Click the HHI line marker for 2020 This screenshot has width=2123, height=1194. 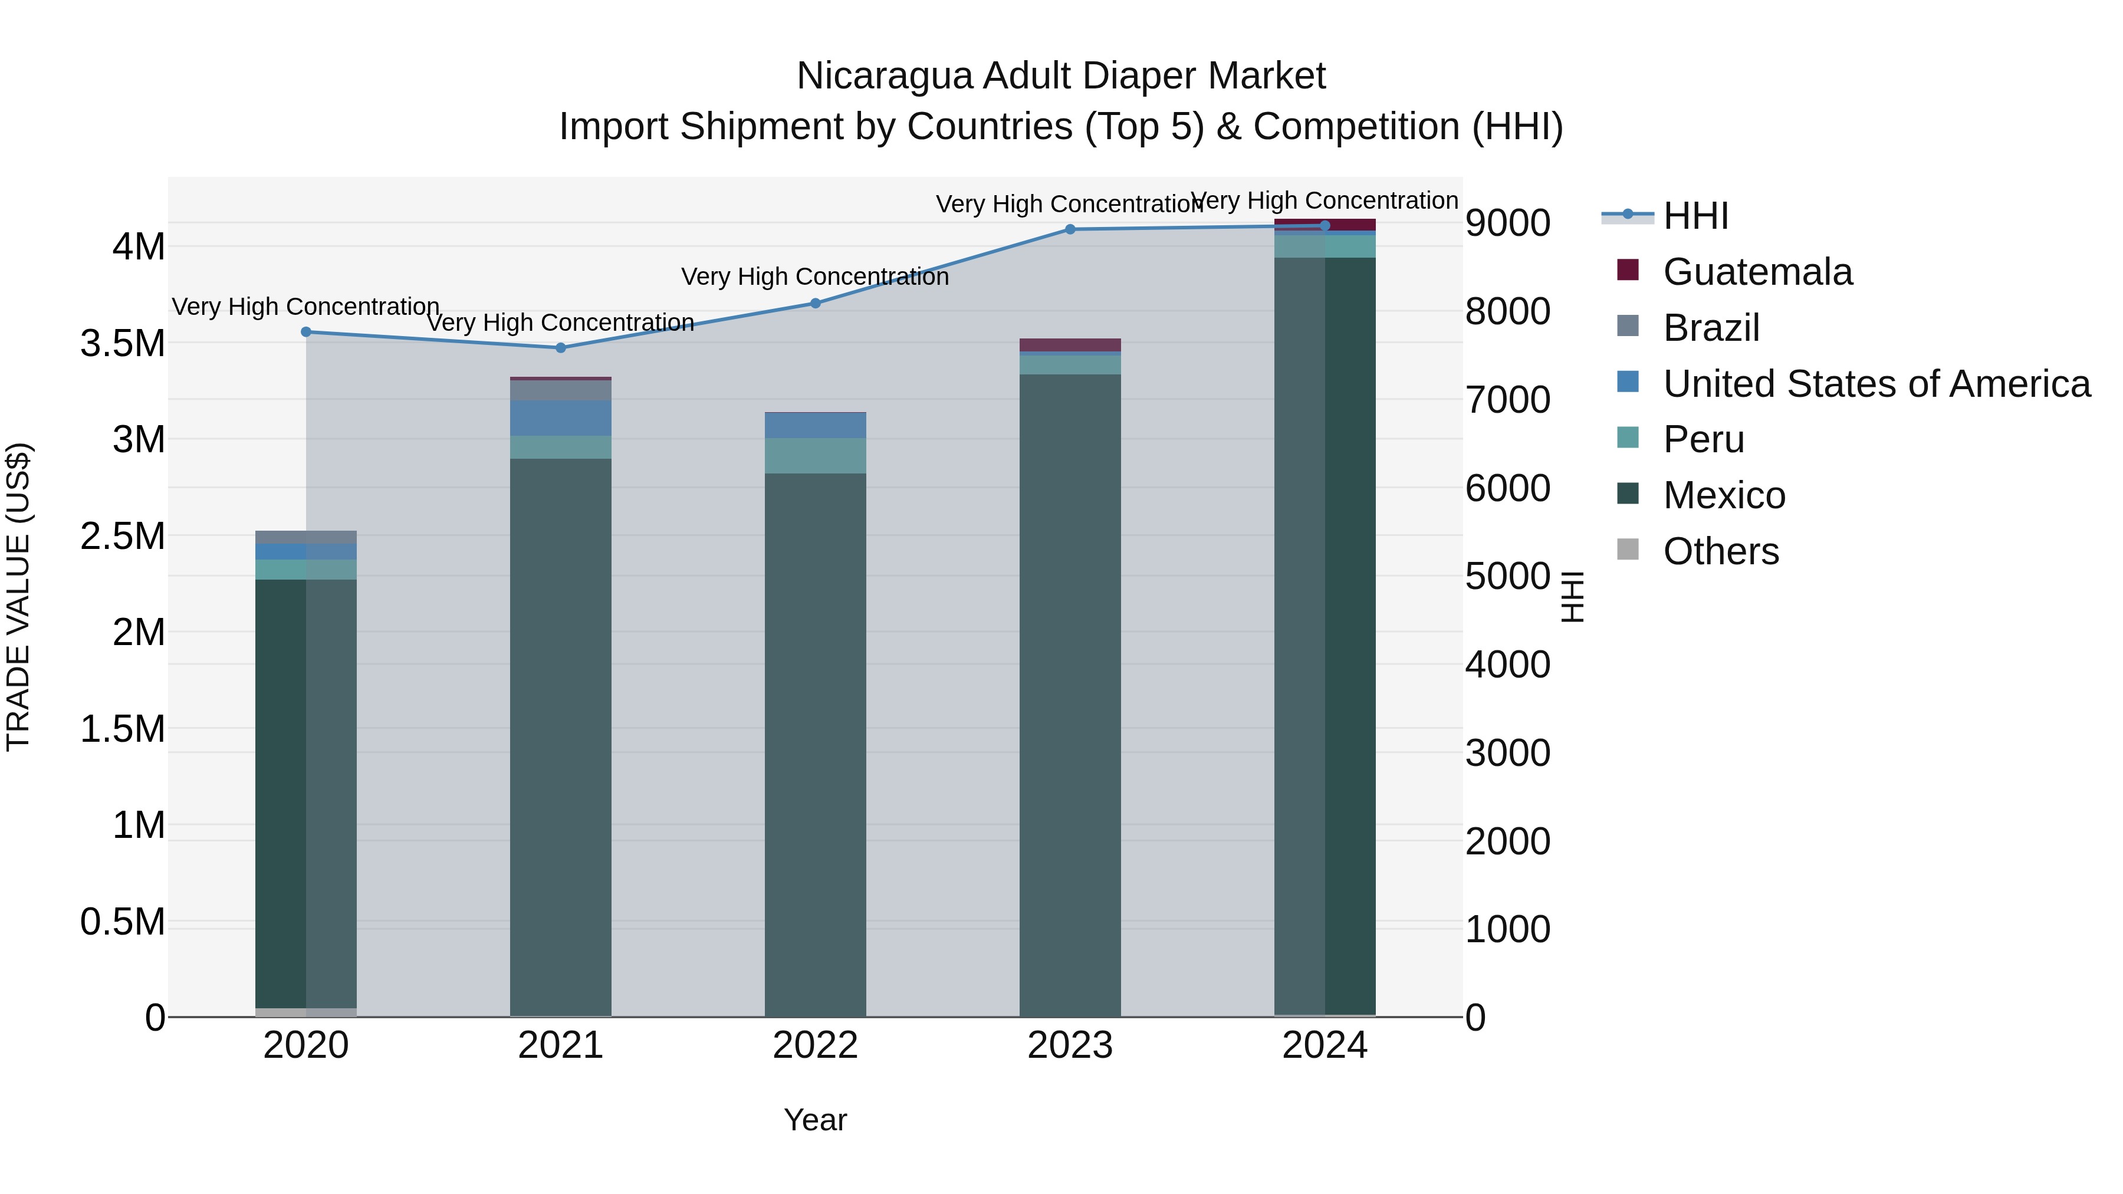click(x=305, y=332)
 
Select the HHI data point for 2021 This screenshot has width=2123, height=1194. click(x=560, y=348)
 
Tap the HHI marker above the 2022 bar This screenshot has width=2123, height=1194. click(x=815, y=303)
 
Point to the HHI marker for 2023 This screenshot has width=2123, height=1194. click(x=1070, y=229)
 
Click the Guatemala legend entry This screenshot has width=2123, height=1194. click(x=1757, y=272)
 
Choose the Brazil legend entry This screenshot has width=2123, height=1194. click(x=1711, y=328)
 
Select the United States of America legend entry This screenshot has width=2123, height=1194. click(x=1876, y=384)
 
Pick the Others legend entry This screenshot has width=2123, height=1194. click(x=1721, y=551)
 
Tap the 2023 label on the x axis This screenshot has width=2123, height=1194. click(x=1070, y=1045)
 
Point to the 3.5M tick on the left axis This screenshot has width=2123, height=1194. click(x=122, y=343)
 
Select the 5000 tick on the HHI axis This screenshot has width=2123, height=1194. click(x=1507, y=576)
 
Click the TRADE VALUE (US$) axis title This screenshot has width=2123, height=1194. click(x=18, y=597)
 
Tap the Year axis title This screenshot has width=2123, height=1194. click(x=815, y=1120)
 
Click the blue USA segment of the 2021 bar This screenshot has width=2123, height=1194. click(x=560, y=418)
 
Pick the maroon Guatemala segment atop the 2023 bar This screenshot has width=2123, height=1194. click(x=1070, y=344)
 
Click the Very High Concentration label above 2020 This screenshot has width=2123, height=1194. click(x=305, y=307)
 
